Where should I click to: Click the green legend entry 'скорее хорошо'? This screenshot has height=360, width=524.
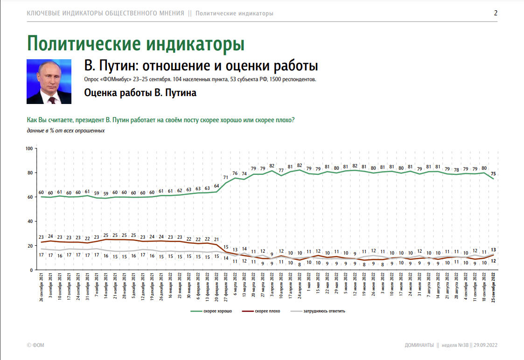click(217, 311)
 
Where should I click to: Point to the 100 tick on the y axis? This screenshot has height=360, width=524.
click(28, 149)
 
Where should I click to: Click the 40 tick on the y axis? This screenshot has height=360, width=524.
click(30, 222)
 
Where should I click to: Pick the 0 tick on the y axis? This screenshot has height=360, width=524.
click(31, 270)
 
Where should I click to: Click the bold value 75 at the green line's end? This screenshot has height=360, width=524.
click(493, 174)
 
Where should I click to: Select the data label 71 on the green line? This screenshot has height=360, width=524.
click(225, 178)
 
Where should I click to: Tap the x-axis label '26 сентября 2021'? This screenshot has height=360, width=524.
click(42, 288)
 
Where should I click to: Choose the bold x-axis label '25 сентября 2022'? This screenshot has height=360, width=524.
click(493, 288)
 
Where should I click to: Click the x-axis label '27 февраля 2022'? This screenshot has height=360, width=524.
click(225, 288)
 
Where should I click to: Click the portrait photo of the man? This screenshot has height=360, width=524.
click(49, 82)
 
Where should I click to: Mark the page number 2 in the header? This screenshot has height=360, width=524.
click(496, 13)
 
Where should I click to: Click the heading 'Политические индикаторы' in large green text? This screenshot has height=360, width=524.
click(136, 43)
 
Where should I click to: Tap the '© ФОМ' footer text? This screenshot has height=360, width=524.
click(35, 345)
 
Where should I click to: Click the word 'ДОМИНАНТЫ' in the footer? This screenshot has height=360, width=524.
click(419, 345)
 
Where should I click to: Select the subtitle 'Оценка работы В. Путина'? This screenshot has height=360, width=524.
click(140, 93)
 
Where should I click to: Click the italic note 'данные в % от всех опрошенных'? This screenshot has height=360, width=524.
click(66, 131)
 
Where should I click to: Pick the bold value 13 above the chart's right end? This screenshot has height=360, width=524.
click(493, 249)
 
